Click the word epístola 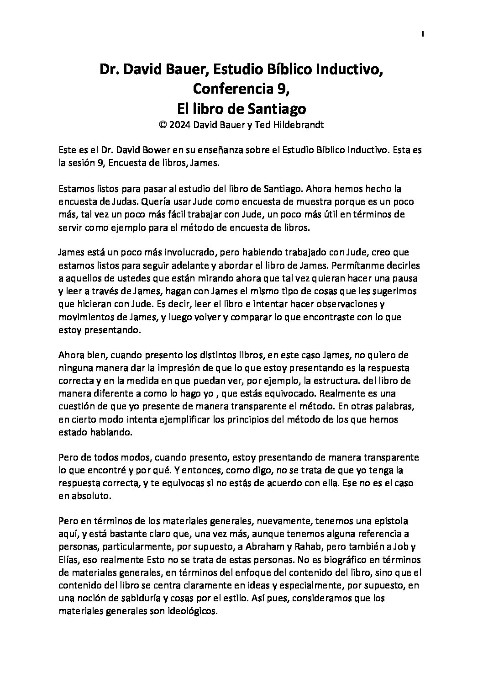[392, 521]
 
